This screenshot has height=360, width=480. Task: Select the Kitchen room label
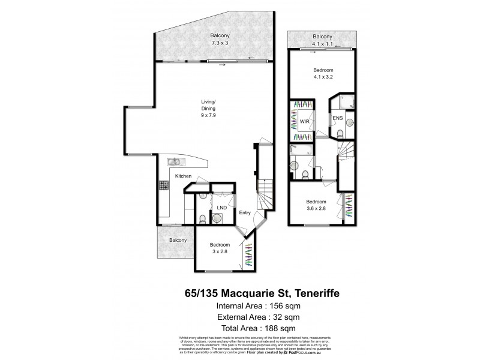(x=183, y=176)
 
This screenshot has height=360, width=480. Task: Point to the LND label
(x=221, y=208)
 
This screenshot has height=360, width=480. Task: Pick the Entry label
(x=245, y=212)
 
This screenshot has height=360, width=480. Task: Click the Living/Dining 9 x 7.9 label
(x=207, y=112)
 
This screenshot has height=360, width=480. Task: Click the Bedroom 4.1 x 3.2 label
(x=323, y=73)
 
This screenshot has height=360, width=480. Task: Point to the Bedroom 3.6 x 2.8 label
(x=316, y=205)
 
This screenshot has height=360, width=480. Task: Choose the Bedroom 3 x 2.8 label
(x=219, y=248)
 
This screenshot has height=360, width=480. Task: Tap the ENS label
(x=337, y=118)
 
